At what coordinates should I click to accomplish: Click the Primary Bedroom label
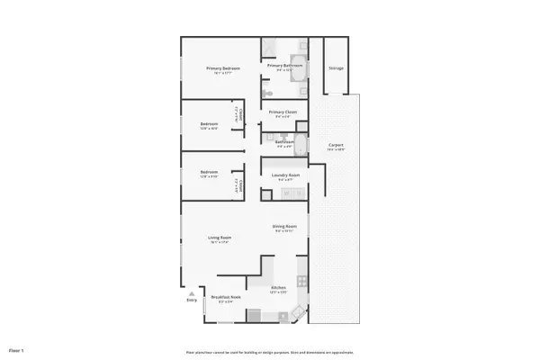tap(222, 68)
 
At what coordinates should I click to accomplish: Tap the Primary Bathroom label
tap(283, 66)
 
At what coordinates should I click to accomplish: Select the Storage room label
tap(335, 68)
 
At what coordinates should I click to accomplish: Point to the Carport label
tap(336, 145)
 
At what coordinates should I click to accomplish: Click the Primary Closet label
tap(282, 112)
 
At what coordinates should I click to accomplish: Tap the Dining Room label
tap(284, 226)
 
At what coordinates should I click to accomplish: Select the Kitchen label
tap(278, 287)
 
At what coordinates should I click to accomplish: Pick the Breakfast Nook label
tap(225, 297)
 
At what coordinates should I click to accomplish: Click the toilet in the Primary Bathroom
tap(267, 93)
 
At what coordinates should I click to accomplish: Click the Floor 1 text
tap(16, 349)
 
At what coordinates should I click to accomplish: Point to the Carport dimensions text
tap(336, 149)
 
